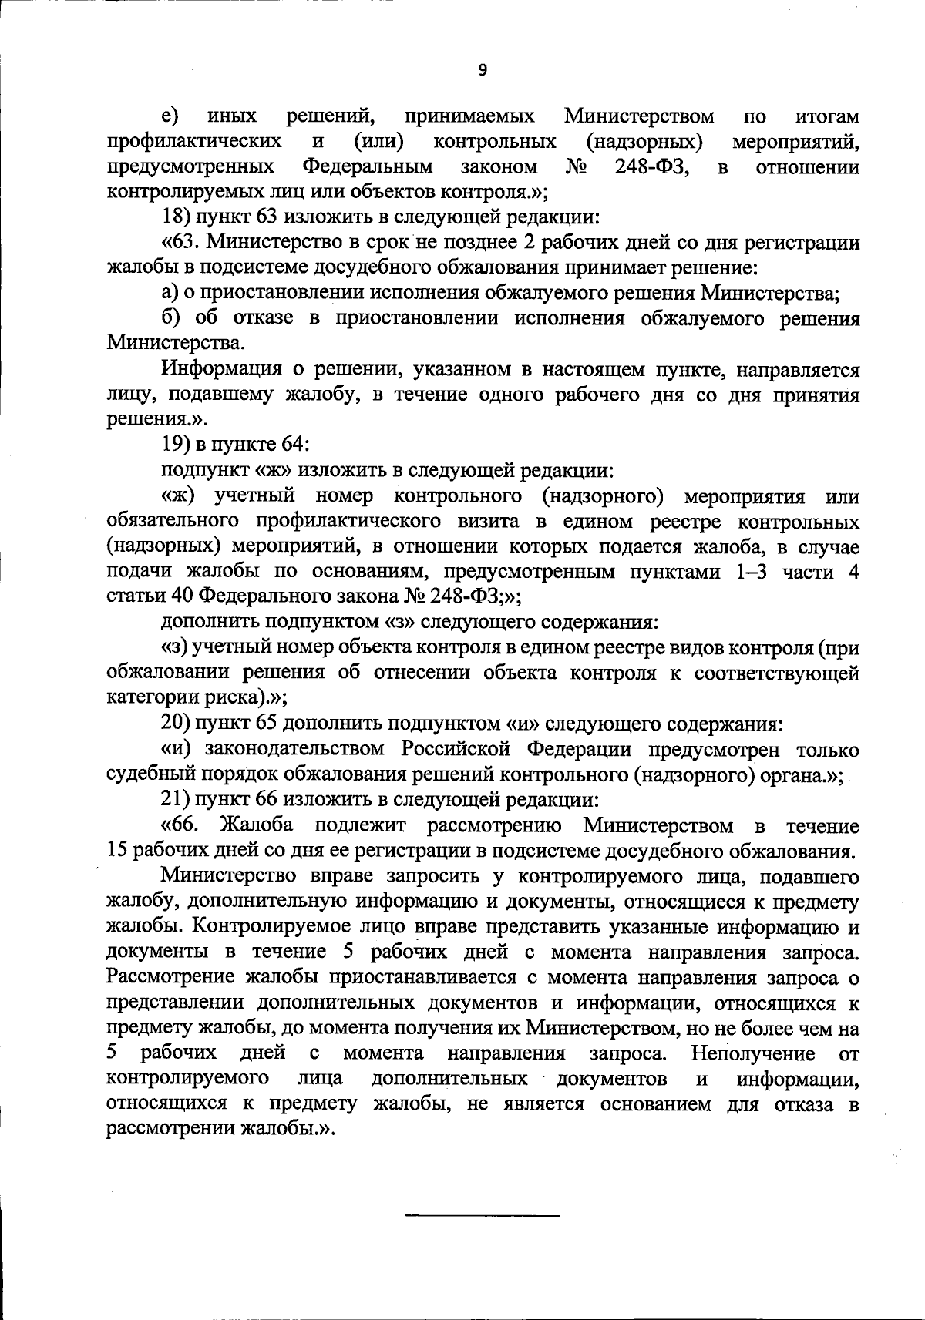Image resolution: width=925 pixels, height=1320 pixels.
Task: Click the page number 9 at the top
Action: coord(483,70)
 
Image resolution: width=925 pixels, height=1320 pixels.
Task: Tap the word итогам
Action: coord(826,117)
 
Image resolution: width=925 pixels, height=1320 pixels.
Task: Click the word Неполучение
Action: coord(753,1053)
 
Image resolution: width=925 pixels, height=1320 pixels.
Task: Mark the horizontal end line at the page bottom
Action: coord(483,1216)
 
